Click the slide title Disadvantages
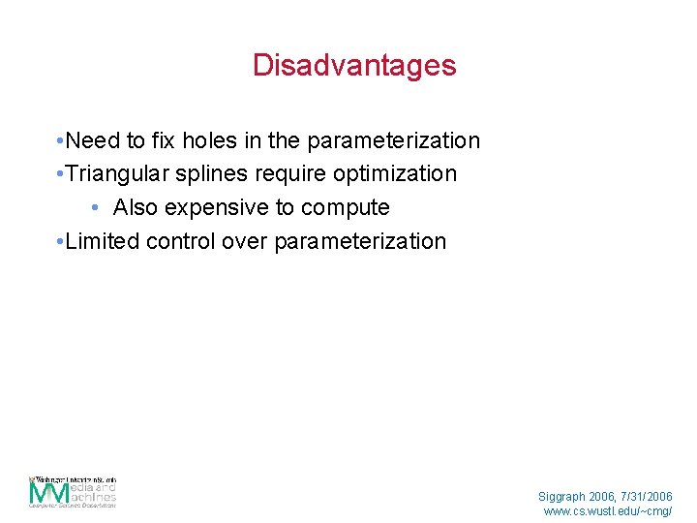(x=353, y=66)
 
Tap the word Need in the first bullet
(x=94, y=140)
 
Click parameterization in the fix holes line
(x=393, y=140)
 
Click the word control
(x=180, y=241)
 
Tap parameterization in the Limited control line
(x=360, y=241)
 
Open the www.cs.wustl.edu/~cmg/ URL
(x=607, y=510)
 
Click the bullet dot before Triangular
(x=60, y=174)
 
